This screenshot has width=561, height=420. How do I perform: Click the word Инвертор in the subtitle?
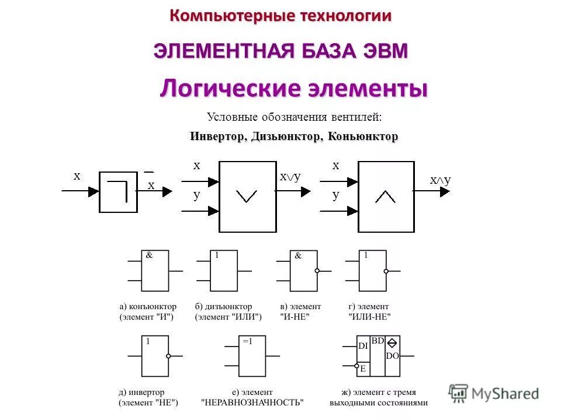[x=217, y=136]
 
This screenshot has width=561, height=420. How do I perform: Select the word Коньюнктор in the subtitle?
[x=363, y=136]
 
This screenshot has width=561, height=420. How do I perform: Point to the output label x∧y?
[x=440, y=180]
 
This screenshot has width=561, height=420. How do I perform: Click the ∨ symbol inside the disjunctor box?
[x=246, y=197]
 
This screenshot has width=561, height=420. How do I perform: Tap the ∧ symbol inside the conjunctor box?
[x=385, y=197]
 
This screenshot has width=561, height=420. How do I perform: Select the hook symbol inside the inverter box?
[x=120, y=190]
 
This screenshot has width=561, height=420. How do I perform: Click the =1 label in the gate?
[x=247, y=342]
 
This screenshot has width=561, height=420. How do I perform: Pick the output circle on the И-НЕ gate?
[x=317, y=271]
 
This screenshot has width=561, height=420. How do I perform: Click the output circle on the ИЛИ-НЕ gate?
[x=386, y=271]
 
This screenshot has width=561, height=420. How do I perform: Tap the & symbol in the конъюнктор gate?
[x=149, y=255]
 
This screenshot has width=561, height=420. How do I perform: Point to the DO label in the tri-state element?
[x=393, y=355]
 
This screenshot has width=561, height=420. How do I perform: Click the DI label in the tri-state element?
[x=363, y=346]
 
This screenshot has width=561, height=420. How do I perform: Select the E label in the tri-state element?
[x=362, y=368]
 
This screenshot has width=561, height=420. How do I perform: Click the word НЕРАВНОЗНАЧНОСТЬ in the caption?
[x=252, y=402]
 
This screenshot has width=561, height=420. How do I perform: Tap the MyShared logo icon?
[x=459, y=393]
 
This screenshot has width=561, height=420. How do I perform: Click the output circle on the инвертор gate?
[x=168, y=356]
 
